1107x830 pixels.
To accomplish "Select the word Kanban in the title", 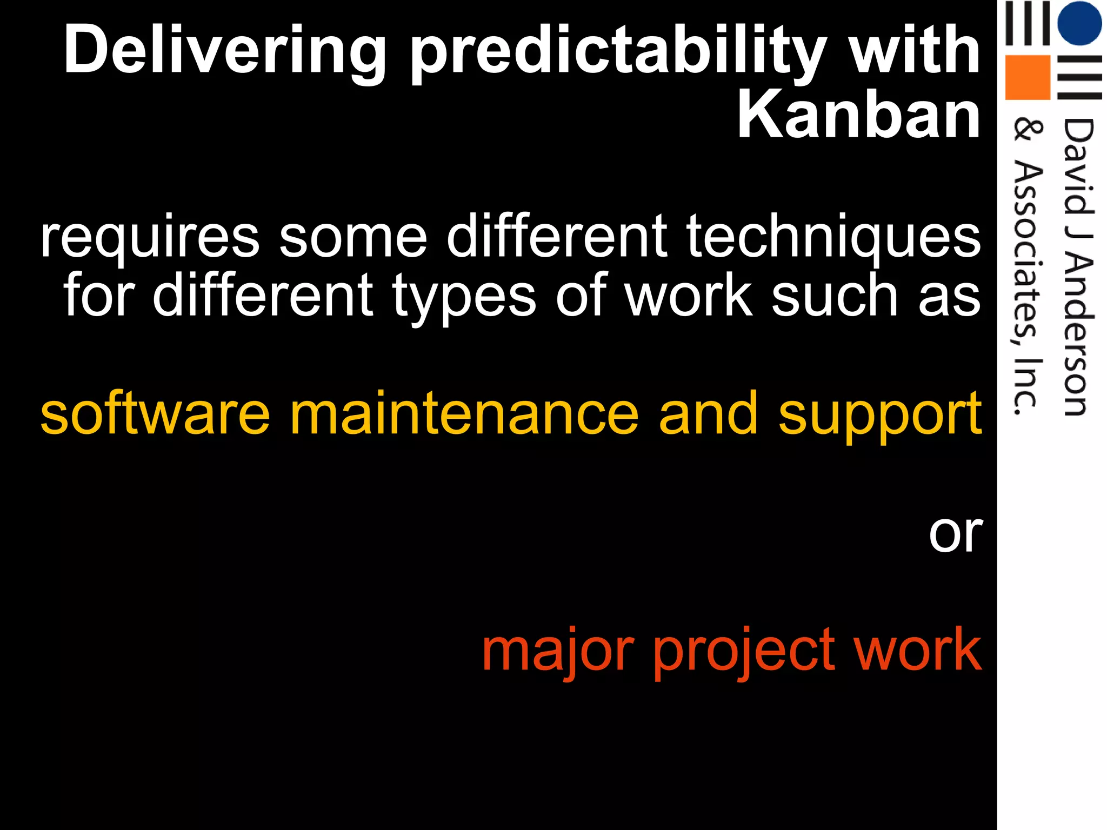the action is (859, 115).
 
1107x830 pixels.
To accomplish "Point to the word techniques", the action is (833, 237).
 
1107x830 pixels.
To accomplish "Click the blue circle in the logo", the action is (1079, 23).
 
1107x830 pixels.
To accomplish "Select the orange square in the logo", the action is (1027, 77).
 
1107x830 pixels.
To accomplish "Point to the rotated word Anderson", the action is (1078, 335).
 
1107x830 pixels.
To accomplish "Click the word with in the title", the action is (914, 51).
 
